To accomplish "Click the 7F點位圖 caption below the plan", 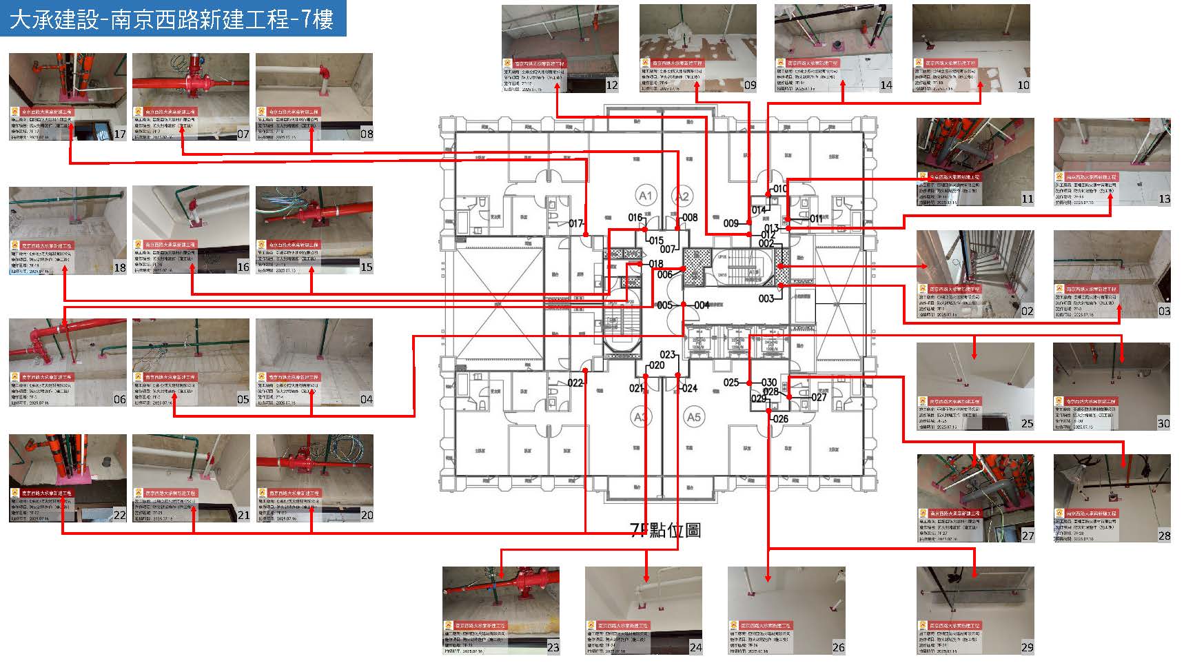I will (x=666, y=529).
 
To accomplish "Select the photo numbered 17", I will (x=68, y=96).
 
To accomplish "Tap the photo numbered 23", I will (x=501, y=611).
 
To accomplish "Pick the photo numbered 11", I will (x=975, y=162).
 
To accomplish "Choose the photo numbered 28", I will (x=1112, y=498).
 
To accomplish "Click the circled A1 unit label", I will (x=645, y=196).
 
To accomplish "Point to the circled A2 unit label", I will (x=682, y=196).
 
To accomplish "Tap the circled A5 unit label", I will (x=693, y=417).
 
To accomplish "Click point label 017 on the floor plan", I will (x=576, y=223).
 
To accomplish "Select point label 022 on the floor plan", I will (x=575, y=383).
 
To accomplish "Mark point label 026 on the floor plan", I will (x=780, y=419).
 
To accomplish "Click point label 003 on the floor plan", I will (x=766, y=298).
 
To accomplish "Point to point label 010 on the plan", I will (x=779, y=189).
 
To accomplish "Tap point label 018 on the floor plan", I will (x=655, y=264).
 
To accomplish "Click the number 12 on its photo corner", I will (x=611, y=85).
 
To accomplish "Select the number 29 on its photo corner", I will (x=1027, y=647).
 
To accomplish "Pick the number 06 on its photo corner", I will (x=120, y=399).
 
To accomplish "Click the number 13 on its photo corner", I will (x=1164, y=198).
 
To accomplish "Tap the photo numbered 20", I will (x=314, y=478).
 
